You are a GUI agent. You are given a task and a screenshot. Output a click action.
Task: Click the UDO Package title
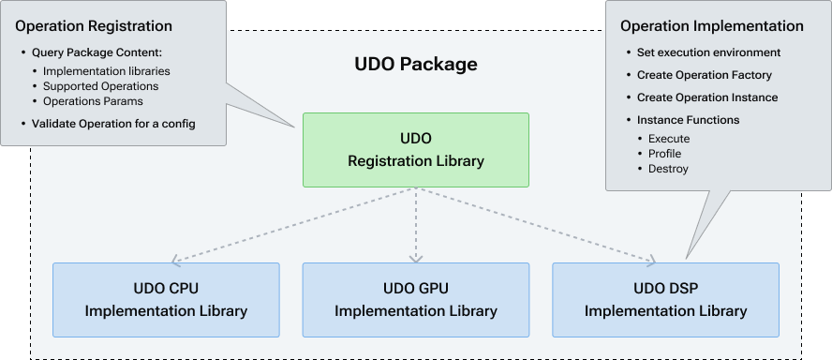[x=415, y=65]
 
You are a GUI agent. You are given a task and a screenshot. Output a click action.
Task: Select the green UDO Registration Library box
[x=415, y=150]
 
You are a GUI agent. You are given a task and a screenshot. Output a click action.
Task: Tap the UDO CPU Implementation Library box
[x=166, y=299]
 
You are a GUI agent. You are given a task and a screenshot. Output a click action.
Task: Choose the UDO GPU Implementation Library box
[x=415, y=299]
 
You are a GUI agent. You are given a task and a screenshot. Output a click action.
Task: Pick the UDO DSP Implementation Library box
[x=665, y=299]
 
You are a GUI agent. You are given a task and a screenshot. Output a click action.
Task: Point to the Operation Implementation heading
[x=712, y=26]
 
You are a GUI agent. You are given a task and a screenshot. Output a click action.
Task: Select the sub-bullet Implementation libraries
[x=107, y=71]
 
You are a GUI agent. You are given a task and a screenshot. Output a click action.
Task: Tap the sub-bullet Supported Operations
[x=100, y=86]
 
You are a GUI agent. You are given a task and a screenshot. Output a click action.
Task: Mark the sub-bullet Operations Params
[x=94, y=101]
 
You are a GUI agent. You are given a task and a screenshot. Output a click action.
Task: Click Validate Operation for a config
[x=112, y=124]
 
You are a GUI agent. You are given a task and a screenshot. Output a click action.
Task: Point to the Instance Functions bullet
[x=688, y=120]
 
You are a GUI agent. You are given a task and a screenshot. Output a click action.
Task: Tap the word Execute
[x=669, y=139]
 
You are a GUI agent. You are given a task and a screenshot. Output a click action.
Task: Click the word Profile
[x=664, y=154]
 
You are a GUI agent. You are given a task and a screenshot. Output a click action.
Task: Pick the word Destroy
[x=668, y=169]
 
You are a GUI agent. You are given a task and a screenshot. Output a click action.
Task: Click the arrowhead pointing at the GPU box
[x=414, y=258]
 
